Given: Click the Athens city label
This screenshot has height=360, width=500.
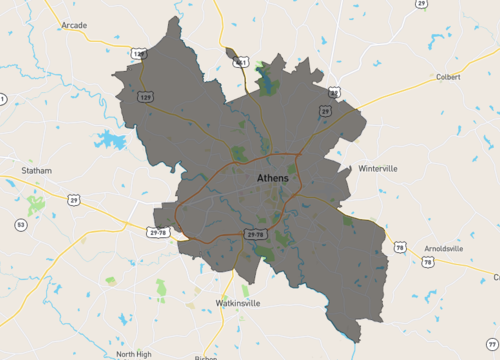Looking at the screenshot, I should (272, 178).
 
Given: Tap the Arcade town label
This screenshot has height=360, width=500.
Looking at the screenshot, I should (75, 24).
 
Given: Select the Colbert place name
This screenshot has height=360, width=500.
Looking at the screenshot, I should (449, 76).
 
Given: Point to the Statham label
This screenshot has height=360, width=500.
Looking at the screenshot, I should (36, 171).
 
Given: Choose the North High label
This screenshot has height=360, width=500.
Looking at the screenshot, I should (134, 354).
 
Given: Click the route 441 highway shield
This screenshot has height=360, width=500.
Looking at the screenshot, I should (240, 62).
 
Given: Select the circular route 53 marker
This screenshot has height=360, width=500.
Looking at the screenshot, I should (21, 225).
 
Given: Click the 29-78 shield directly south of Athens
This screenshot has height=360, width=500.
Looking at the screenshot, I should (255, 234).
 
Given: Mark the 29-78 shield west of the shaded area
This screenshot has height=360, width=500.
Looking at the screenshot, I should (158, 232).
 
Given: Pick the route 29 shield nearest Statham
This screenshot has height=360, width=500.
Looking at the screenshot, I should (74, 201).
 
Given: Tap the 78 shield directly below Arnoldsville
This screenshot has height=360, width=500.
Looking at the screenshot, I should (427, 263).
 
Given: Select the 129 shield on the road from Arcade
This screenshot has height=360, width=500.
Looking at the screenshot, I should (146, 96).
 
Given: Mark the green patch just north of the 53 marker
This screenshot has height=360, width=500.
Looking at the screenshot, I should (36, 205).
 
